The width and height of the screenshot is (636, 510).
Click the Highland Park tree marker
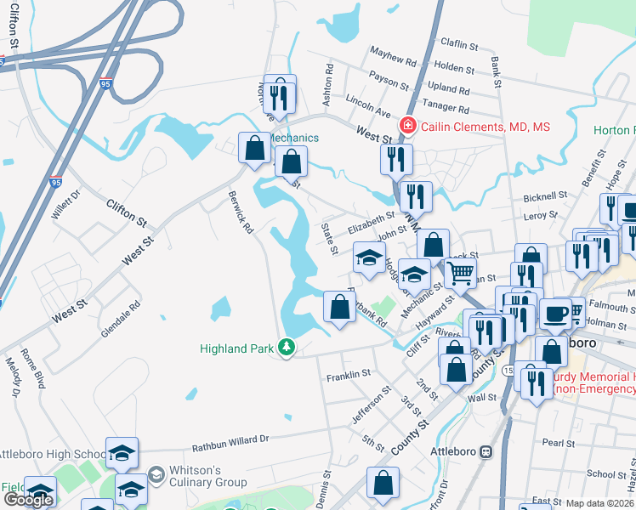click(x=287, y=348)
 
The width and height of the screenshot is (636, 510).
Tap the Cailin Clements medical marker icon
click(x=408, y=127)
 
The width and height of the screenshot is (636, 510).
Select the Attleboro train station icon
click(x=486, y=450)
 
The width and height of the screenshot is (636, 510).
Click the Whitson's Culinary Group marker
click(x=155, y=473)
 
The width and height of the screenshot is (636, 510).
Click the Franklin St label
click(x=349, y=373)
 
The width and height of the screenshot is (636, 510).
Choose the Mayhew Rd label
click(x=393, y=55)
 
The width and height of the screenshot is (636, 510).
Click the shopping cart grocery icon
click(x=460, y=272)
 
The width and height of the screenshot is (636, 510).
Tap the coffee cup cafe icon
click(x=556, y=313)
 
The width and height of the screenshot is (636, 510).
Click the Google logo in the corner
click(x=28, y=500)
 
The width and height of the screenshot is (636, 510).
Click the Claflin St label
click(x=461, y=42)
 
